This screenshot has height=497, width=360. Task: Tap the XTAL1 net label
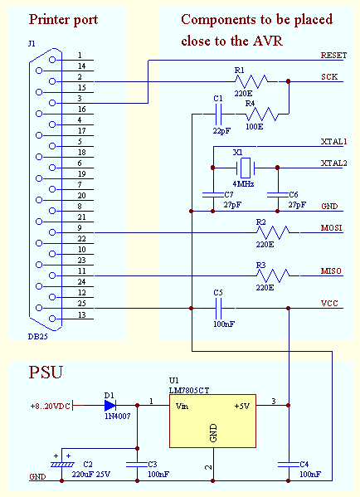point(333,142)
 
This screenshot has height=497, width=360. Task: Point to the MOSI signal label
point(331,227)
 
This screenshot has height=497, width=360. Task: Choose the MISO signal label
point(331,270)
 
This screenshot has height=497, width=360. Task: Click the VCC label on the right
point(328,304)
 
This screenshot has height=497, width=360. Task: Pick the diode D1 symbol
point(110,406)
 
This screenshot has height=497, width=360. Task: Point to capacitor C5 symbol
point(218,309)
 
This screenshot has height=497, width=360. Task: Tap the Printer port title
point(63,19)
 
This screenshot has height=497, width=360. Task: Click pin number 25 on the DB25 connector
point(81,303)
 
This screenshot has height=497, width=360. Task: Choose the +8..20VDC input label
point(49,406)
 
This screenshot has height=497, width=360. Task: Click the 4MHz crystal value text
point(242,183)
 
